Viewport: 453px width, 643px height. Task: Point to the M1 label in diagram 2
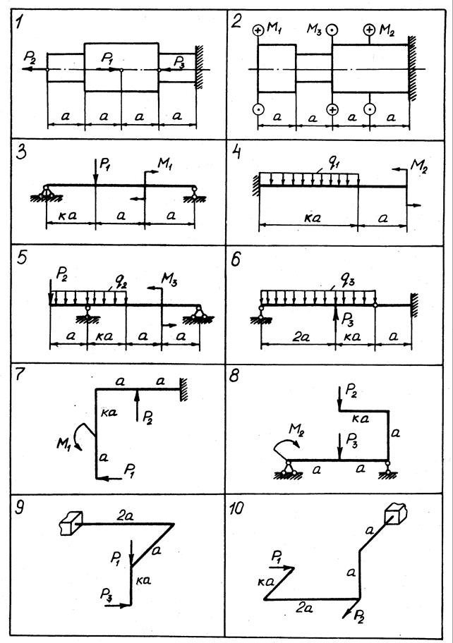coord(277,29)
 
